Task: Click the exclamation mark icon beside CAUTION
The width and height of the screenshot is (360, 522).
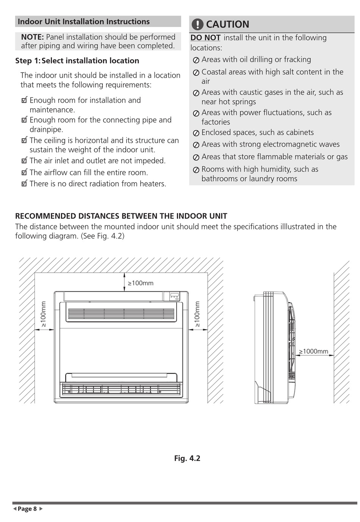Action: point(197,25)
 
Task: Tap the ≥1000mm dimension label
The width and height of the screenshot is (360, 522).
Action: point(313,351)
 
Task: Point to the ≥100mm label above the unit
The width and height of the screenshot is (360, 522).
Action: point(141,283)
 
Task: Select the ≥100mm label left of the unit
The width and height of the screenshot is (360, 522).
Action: point(43,314)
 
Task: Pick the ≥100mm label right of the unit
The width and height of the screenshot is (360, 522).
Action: point(197,314)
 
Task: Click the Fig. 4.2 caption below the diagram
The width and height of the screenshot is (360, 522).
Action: point(187,458)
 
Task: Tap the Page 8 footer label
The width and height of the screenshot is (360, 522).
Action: point(27,509)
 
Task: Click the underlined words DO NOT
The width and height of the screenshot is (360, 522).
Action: point(205,38)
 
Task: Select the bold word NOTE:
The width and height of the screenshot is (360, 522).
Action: point(33,37)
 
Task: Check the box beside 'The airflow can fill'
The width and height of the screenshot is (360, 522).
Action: point(25,172)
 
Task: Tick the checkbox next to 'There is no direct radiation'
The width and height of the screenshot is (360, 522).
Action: point(25,184)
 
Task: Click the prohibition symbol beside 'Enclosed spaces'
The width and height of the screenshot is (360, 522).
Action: point(196,133)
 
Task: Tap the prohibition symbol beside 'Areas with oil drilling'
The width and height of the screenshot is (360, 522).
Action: point(196,60)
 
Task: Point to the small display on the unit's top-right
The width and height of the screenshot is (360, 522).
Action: point(174,296)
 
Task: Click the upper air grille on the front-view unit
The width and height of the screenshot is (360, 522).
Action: point(121,313)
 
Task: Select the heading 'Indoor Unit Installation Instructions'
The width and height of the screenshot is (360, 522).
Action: point(84,22)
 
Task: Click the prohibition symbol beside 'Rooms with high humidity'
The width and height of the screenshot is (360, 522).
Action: point(196,170)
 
